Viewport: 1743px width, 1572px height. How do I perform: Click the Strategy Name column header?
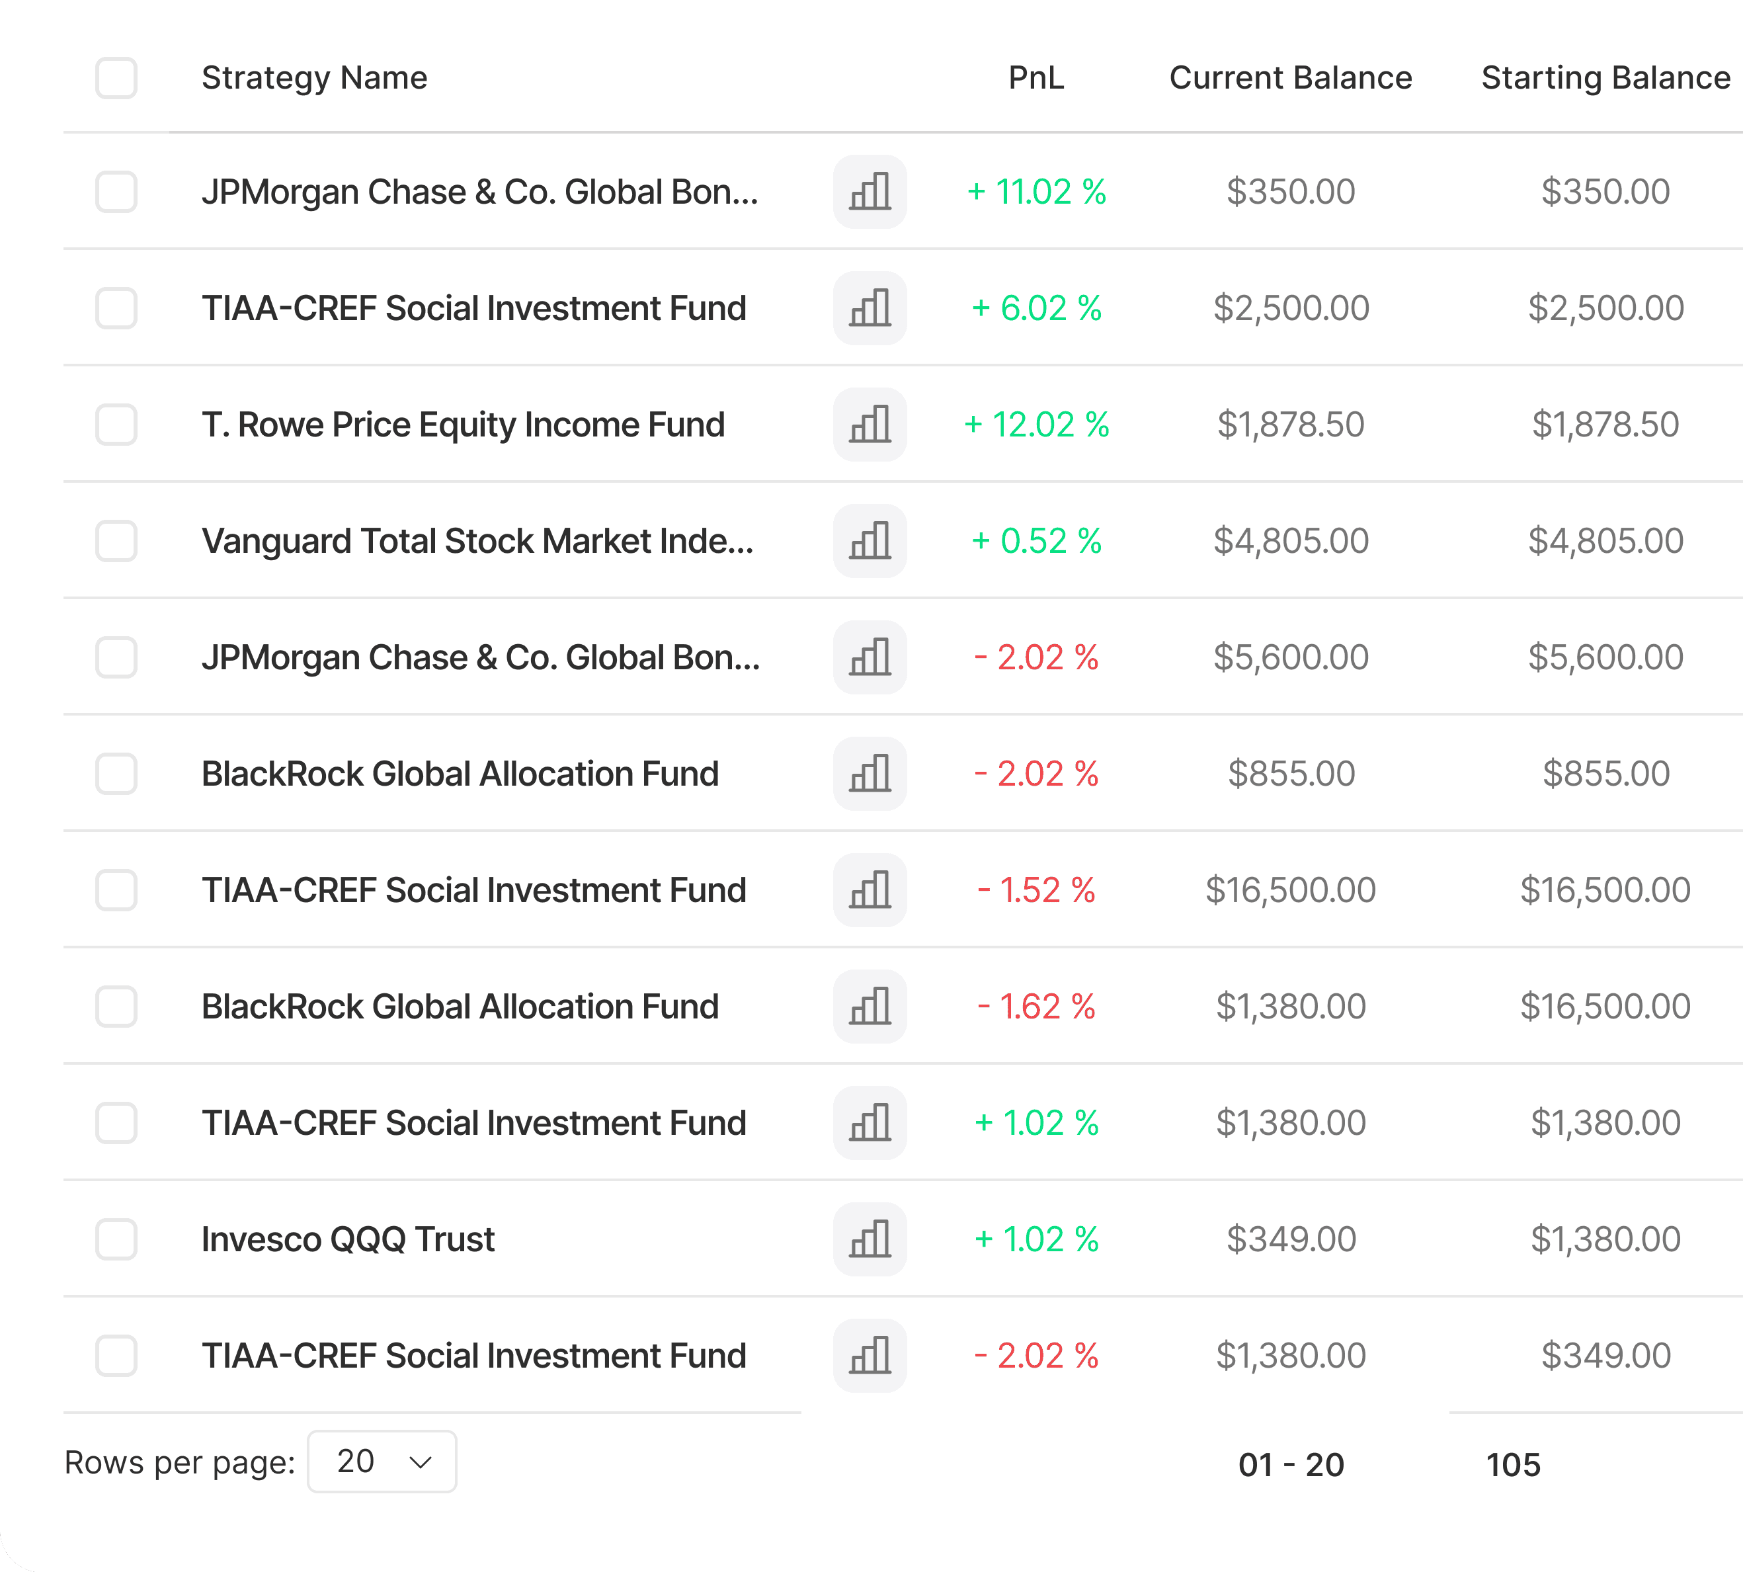tap(314, 78)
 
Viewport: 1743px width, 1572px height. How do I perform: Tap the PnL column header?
tap(1035, 78)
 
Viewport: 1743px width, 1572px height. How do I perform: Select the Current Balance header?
tap(1291, 78)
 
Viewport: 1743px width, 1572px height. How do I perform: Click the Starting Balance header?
tap(1605, 78)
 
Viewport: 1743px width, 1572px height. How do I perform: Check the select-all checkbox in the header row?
tap(116, 78)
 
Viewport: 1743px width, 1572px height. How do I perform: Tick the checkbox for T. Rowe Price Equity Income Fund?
tap(116, 424)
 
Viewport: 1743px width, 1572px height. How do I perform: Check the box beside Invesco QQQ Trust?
tap(116, 1239)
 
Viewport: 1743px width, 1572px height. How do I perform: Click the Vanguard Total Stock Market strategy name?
tap(477, 541)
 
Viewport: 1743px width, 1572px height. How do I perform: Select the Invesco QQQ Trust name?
tap(348, 1239)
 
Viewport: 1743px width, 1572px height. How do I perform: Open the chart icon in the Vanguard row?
tap(870, 541)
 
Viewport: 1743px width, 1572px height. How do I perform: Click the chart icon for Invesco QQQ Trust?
tap(870, 1239)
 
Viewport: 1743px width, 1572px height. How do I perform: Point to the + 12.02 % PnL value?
tap(1036, 424)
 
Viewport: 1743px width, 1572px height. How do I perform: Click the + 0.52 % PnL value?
tap(1036, 541)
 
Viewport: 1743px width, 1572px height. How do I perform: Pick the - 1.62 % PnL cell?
tap(1036, 1007)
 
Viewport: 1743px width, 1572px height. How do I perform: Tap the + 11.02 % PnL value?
tap(1036, 192)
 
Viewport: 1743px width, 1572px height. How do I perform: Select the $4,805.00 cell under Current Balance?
tap(1291, 541)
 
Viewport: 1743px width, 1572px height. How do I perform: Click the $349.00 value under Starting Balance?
tap(1605, 1355)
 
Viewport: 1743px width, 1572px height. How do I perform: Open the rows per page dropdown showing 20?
tap(382, 1462)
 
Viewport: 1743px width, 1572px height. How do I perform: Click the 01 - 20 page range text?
tap(1291, 1465)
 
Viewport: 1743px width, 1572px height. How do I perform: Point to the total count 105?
tap(1514, 1465)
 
